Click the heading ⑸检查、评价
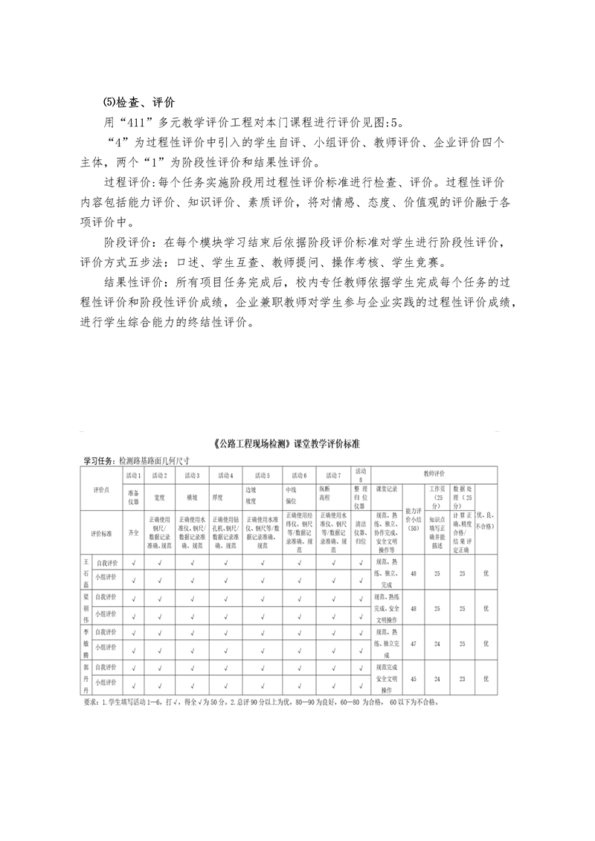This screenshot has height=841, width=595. pyautogui.click(x=139, y=102)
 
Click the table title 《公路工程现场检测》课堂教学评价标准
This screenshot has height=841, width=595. pyautogui.click(x=286, y=444)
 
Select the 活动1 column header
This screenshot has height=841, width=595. pyautogui.click(x=133, y=474)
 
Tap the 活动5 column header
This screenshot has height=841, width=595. pyautogui.click(x=263, y=474)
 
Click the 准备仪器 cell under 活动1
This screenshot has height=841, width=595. pyautogui.click(x=134, y=496)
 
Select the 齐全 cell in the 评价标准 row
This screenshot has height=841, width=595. pyautogui.click(x=134, y=532)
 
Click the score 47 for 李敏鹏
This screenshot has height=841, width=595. pyautogui.click(x=414, y=643)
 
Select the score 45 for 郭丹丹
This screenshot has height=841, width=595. pyautogui.click(x=414, y=678)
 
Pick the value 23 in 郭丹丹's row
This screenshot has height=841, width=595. pyautogui.click(x=462, y=678)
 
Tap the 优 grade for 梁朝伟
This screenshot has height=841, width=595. pyautogui.click(x=486, y=608)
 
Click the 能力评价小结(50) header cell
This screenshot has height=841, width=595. pyautogui.click(x=413, y=519)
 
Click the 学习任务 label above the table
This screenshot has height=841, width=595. pyautogui.click(x=100, y=460)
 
